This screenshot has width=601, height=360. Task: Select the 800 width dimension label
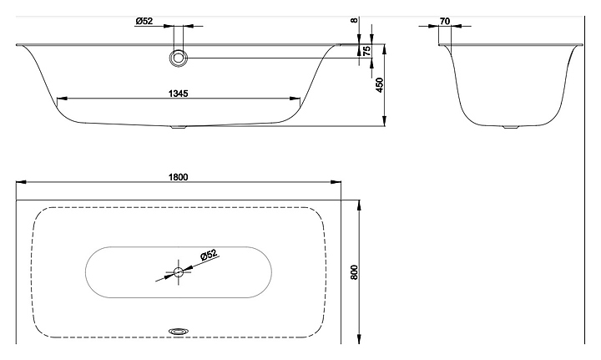pyautogui.click(x=354, y=271)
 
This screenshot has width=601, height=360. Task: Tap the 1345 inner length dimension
pyautogui.click(x=177, y=94)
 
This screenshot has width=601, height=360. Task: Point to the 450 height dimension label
pyautogui.click(x=380, y=85)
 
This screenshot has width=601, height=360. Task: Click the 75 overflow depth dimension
pyautogui.click(x=366, y=51)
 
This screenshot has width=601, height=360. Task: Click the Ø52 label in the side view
pyautogui.click(x=144, y=22)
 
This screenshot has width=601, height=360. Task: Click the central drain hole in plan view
pyautogui.click(x=178, y=271)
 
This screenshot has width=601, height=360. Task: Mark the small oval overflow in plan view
pyautogui.click(x=179, y=330)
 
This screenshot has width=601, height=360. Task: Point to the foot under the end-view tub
pyautogui.click(x=509, y=128)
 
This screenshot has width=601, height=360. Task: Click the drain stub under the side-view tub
pyautogui.click(x=179, y=128)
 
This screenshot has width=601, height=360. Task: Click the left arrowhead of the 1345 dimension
pyautogui.click(x=60, y=100)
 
